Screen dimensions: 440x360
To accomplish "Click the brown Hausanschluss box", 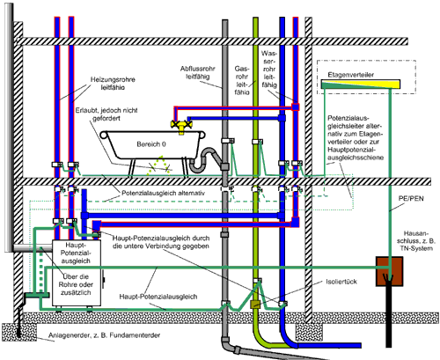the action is pyautogui.click(x=389, y=271).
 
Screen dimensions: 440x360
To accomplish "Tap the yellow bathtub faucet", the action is pyautogui.click(x=181, y=126).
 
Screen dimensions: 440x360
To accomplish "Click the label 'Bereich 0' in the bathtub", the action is pyautogui.click(x=151, y=144).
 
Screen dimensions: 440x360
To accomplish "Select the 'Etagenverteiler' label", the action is pyautogui.click(x=351, y=75).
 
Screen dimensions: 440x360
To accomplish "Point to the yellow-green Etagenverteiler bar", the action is pyautogui.click(x=361, y=84).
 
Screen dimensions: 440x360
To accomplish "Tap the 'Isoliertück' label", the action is pyautogui.click(x=341, y=282).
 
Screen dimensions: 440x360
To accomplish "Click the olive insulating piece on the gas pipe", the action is pyautogui.click(x=255, y=305).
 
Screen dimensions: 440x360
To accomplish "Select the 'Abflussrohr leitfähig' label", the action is pyautogui.click(x=198, y=73).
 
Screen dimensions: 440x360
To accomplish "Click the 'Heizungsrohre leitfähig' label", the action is pyautogui.click(x=113, y=84).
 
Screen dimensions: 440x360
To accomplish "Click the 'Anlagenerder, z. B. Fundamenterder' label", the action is pyautogui.click(x=104, y=335).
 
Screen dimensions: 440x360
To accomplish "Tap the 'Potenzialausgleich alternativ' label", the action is pyautogui.click(x=163, y=193).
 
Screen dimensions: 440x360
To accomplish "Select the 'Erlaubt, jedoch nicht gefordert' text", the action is pyautogui.click(x=106, y=114).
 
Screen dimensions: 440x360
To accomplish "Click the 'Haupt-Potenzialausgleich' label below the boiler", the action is pyautogui.click(x=158, y=297).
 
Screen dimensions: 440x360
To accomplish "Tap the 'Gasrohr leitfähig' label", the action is pyautogui.click(x=242, y=80).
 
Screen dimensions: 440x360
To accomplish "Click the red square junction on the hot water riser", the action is pyautogui.click(x=296, y=107).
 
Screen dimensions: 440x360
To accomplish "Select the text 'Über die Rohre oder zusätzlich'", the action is pyautogui.click(x=75, y=284).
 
